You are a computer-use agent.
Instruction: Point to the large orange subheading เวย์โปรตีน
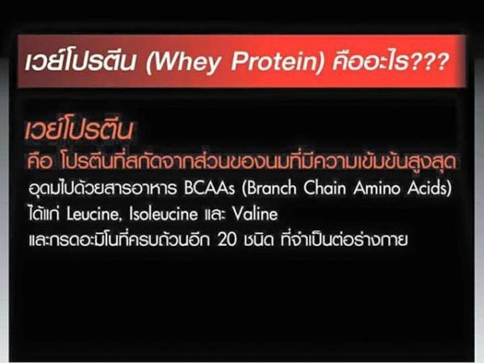click(x=79, y=129)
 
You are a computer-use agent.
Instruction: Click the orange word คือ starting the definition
click(x=40, y=162)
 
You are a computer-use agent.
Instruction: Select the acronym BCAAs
click(x=210, y=188)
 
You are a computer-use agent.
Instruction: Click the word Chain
click(x=324, y=188)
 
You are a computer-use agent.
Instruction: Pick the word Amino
click(x=377, y=188)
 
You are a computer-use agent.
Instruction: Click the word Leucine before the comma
click(x=93, y=214)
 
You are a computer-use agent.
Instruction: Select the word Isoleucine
click(x=163, y=214)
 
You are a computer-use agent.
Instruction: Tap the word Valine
click(x=255, y=214)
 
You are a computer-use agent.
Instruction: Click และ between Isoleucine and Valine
click(x=215, y=215)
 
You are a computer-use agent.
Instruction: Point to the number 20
click(x=227, y=240)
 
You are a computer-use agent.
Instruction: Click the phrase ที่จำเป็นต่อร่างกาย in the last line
click(x=344, y=240)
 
